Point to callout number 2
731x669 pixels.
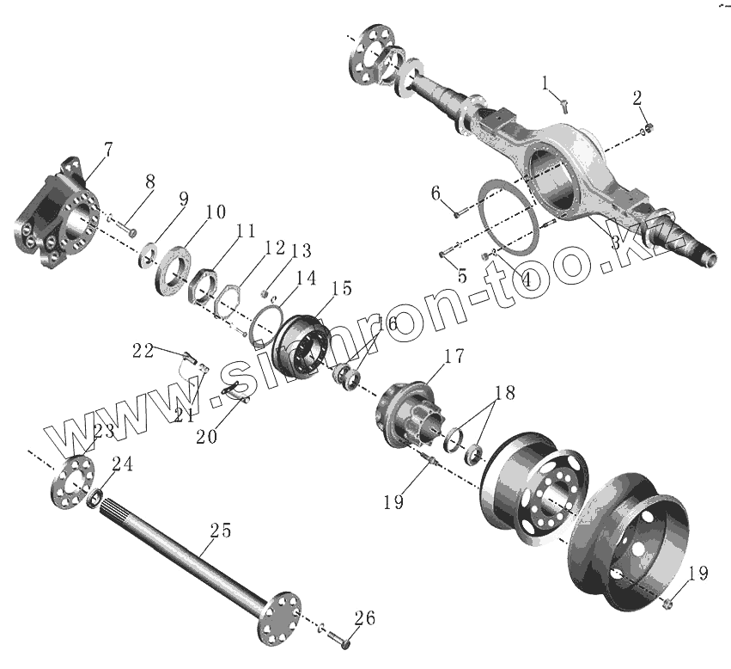point(637,97)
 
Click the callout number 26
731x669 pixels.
point(365,617)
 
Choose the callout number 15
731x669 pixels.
point(342,289)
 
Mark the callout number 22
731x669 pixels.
point(143,350)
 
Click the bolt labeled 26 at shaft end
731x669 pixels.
point(341,641)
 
